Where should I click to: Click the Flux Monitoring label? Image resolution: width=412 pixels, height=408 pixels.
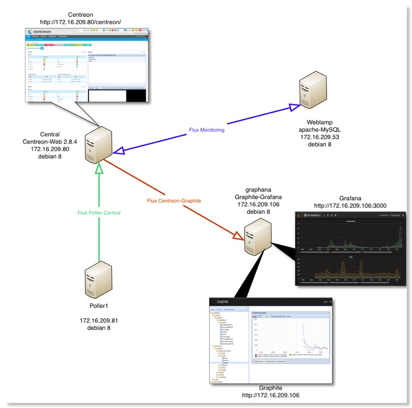click(207, 130)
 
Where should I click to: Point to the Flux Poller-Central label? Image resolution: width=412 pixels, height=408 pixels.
click(99, 213)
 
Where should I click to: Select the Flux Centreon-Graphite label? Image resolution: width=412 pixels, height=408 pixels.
click(174, 201)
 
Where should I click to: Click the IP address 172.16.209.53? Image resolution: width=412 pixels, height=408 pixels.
click(320, 137)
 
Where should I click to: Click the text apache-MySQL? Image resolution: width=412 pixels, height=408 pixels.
click(320, 130)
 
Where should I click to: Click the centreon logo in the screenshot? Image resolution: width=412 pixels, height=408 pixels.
click(39, 32)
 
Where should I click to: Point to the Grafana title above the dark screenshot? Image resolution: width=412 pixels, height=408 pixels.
click(350, 198)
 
